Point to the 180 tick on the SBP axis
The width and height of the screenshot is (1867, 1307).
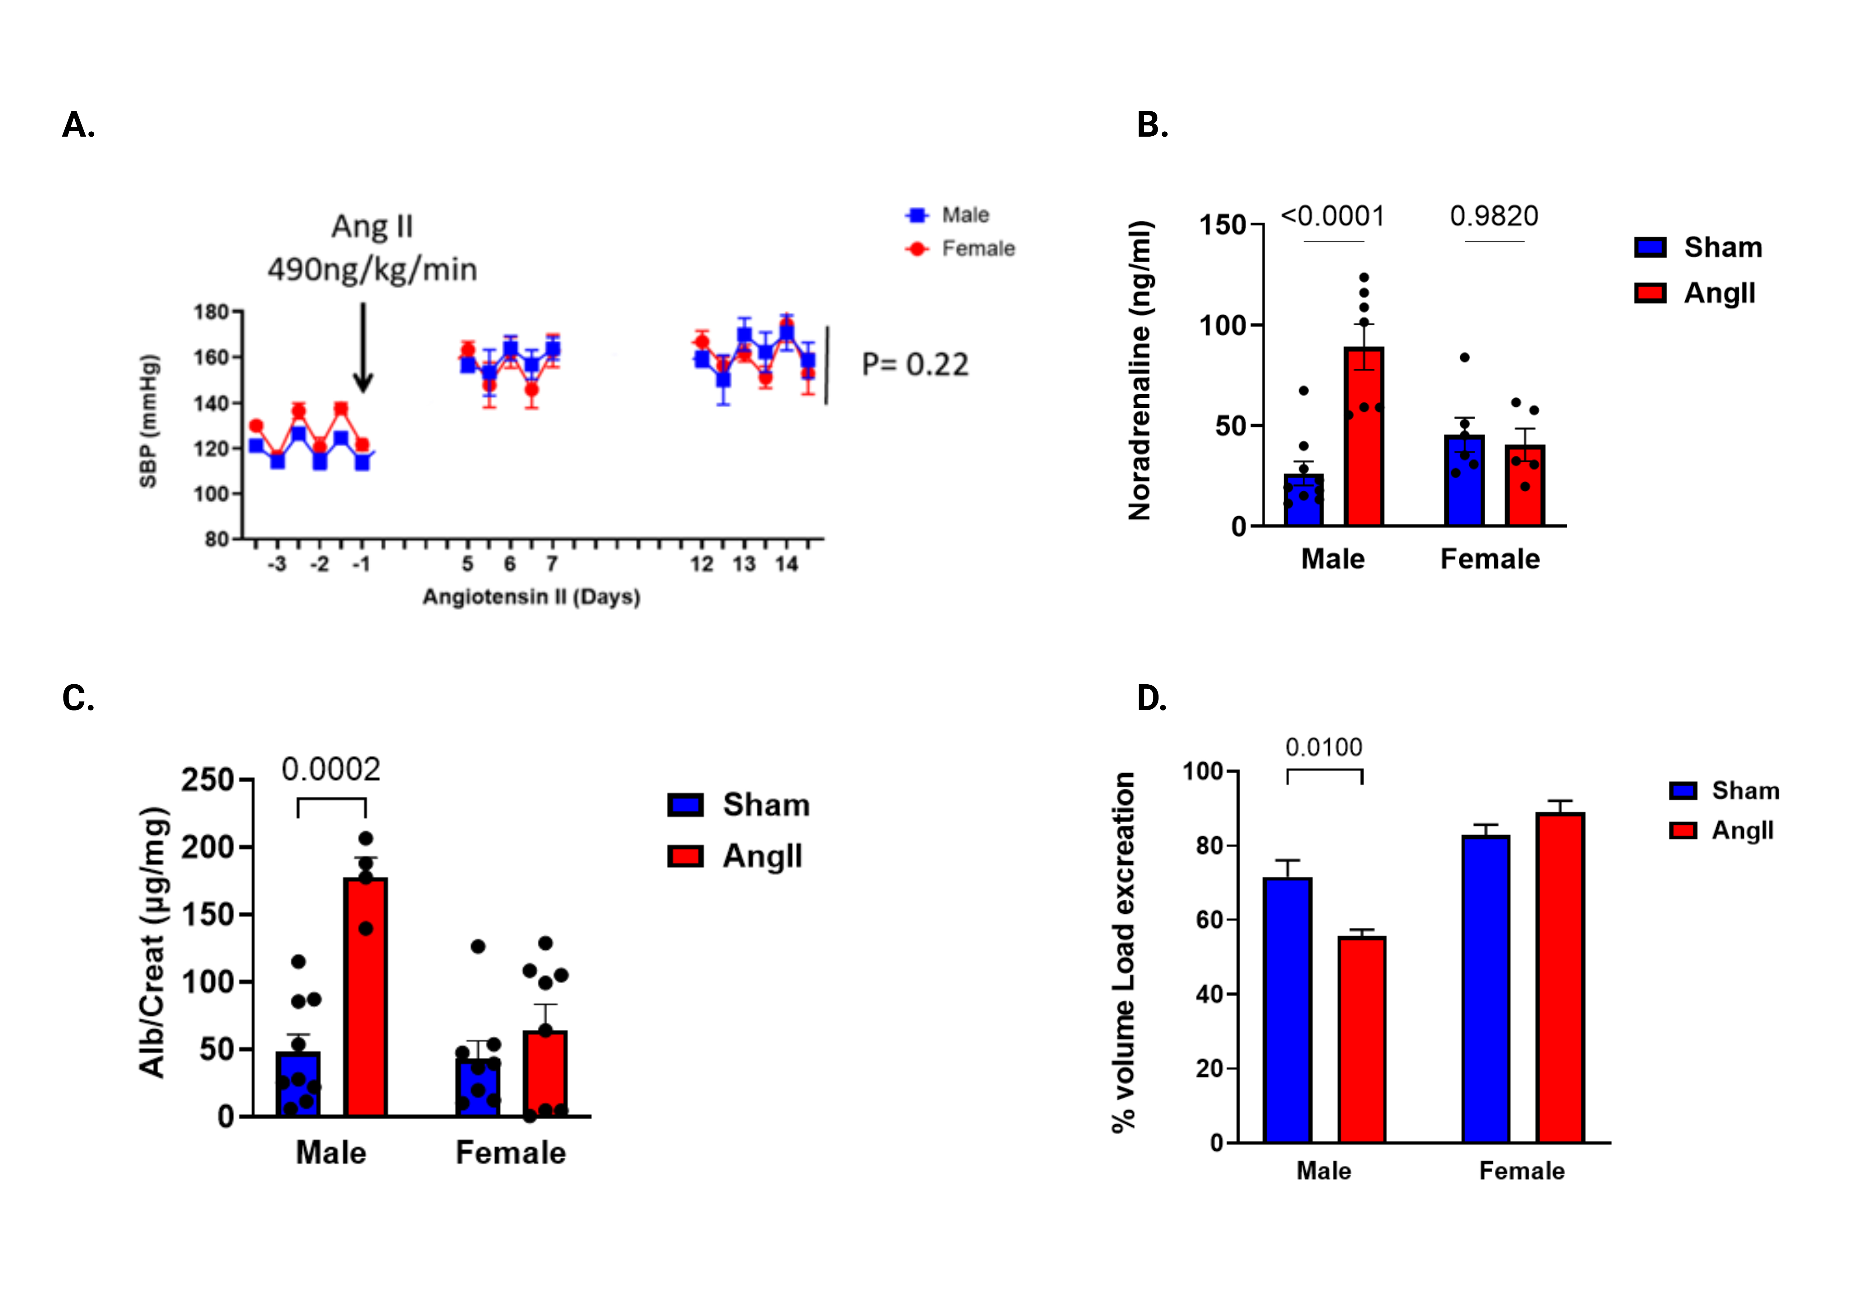coord(211,312)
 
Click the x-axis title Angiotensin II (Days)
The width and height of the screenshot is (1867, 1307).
coord(531,597)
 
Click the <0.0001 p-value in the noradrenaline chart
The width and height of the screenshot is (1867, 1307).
coord(1333,216)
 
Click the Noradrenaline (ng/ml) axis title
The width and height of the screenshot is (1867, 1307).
coord(1140,370)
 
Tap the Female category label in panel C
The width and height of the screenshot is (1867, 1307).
coord(511,1152)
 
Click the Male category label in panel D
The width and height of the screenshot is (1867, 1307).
coord(1324,1171)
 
